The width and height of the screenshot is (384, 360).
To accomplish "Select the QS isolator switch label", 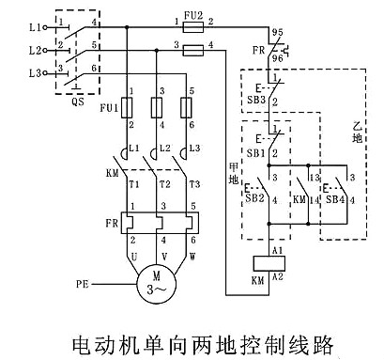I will pyautogui.click(x=78, y=102).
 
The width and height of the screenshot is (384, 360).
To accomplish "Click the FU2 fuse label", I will pyautogui.click(x=193, y=13).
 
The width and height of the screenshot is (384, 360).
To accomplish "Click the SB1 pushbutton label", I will pyautogui.click(x=255, y=151).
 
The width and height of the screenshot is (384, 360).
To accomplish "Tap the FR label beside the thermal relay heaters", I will pyautogui.click(x=114, y=224).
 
